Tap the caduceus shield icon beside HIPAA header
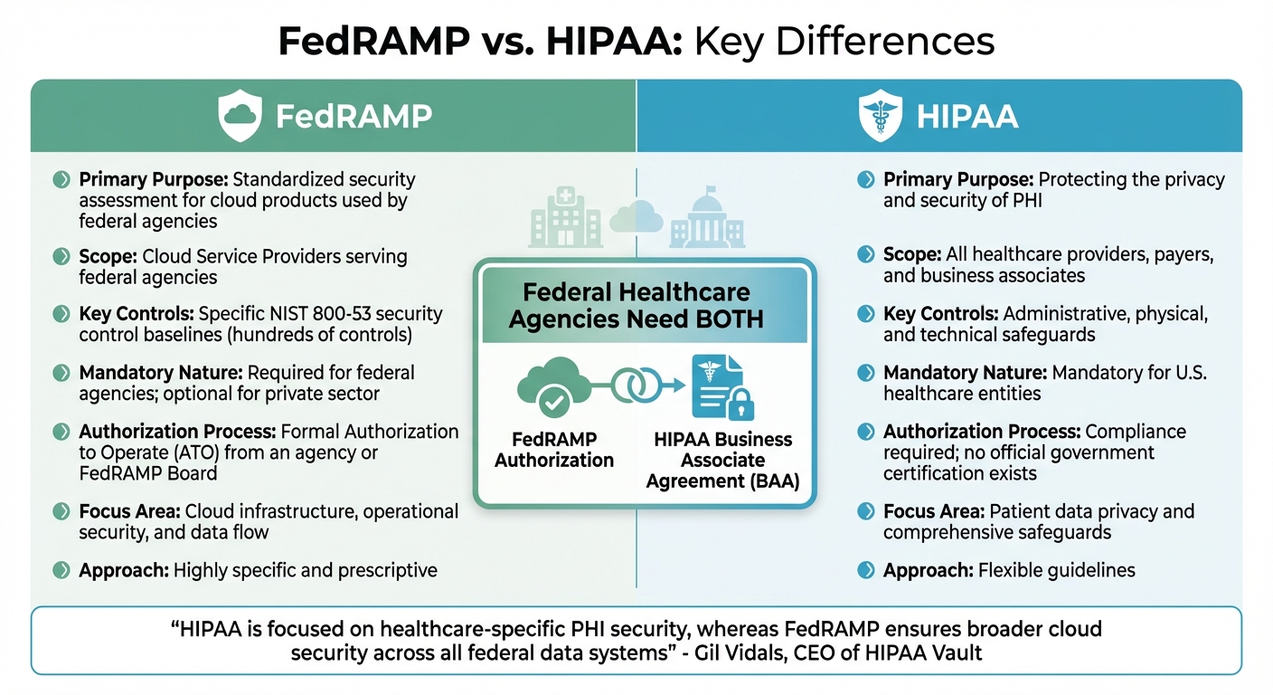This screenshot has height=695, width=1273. click(x=880, y=117)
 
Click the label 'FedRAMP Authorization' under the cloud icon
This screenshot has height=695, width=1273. click(x=555, y=450)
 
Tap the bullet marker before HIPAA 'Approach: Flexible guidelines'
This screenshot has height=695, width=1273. click(x=866, y=570)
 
